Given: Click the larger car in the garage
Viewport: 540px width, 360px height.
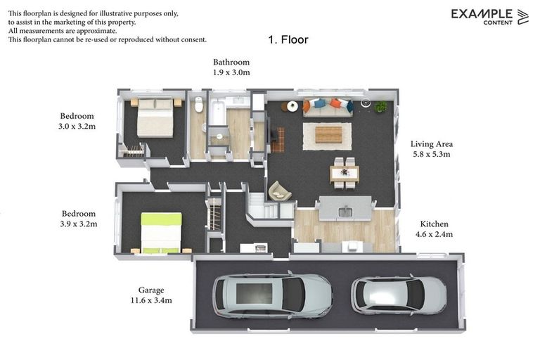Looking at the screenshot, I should coord(271,295).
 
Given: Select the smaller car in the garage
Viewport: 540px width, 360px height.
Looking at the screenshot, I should coord(398,294).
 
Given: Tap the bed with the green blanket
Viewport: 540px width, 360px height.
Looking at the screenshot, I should coord(161,232).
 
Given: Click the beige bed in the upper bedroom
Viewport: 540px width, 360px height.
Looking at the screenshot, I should coord(155,117).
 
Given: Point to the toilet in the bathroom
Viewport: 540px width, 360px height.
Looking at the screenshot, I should coord(198,106).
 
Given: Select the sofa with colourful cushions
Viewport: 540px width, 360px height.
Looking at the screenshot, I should coord(328,106).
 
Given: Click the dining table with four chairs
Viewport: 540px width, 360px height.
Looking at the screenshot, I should coord(344,173).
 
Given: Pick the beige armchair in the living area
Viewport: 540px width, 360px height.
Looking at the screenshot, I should coord(280,191).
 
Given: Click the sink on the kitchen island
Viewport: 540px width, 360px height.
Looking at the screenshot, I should coord(345,211).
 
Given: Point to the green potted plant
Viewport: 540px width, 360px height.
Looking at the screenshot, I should coord(380,107).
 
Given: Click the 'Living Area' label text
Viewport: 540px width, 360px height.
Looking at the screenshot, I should coord(431,144).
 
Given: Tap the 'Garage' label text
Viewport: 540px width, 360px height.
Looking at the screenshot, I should coord(150,290).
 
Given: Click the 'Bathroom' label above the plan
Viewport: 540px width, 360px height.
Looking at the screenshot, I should coord(231,63).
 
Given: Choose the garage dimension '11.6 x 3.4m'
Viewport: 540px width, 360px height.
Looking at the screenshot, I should coord(150,300).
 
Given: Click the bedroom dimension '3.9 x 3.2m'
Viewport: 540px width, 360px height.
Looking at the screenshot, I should coord(79,224).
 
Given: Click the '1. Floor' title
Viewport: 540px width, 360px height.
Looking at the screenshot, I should coord(288,40).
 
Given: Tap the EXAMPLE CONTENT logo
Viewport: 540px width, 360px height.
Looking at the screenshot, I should coord(489,16).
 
